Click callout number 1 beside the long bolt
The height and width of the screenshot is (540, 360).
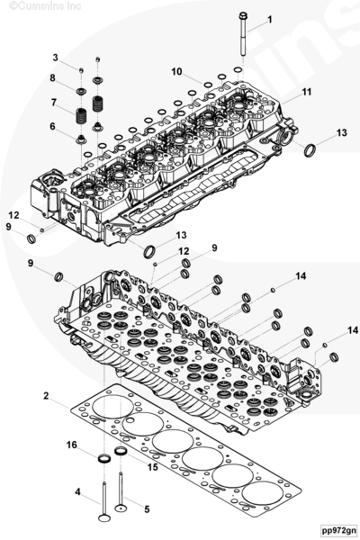tap(270, 20)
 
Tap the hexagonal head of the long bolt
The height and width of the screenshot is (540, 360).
tap(242, 15)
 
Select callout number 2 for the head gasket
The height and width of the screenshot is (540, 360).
tap(46, 396)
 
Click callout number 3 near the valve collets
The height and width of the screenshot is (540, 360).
tap(56, 58)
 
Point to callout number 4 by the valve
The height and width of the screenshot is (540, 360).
tap(78, 491)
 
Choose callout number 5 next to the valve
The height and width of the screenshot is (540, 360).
tap(147, 509)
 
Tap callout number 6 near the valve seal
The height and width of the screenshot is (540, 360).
tap(52, 126)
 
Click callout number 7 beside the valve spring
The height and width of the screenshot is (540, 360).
tap(54, 103)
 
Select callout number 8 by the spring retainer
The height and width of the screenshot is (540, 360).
tap(52, 77)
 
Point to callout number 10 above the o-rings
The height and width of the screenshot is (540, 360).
tap(176, 72)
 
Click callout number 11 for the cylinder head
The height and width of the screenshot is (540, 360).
tap(307, 92)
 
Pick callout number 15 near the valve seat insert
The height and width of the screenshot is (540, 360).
tap(153, 467)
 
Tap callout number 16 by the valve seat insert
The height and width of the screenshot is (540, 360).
tap(72, 445)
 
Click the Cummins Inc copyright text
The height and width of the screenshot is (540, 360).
tap(45, 6)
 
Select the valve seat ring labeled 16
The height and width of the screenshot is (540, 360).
tap(104, 458)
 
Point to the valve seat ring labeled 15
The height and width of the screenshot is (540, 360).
tap(121, 451)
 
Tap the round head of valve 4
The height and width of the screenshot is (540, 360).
tap(104, 518)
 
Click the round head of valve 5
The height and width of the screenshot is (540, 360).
tap(121, 508)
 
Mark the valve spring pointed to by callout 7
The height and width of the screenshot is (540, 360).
tap(81, 116)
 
